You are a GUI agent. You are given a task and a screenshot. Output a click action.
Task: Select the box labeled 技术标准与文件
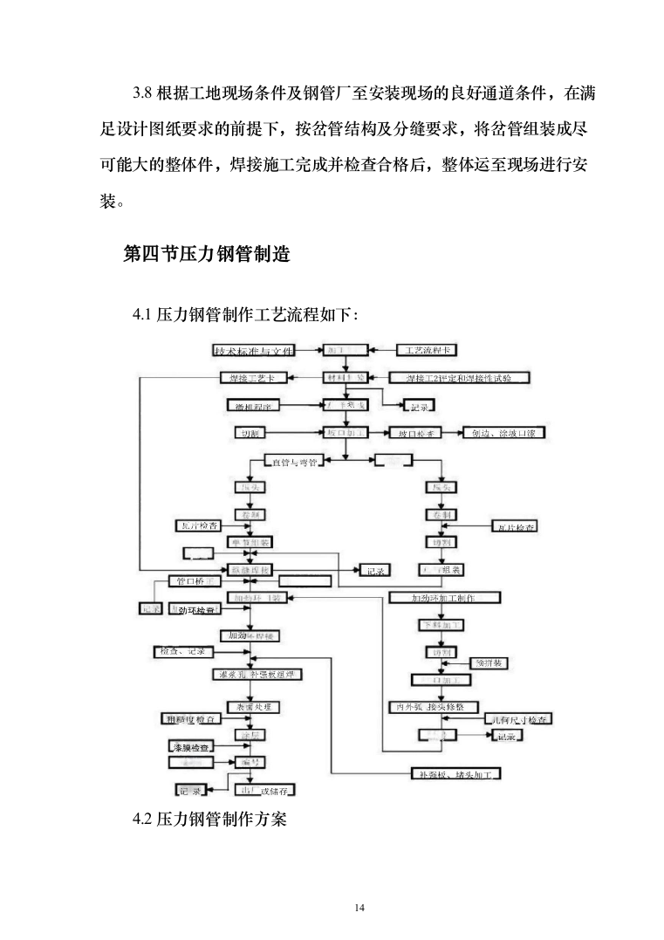pyautogui.click(x=252, y=351)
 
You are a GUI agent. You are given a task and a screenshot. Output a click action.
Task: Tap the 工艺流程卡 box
pyautogui.click(x=427, y=351)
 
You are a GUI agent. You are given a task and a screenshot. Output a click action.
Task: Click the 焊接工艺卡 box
pyautogui.click(x=252, y=378)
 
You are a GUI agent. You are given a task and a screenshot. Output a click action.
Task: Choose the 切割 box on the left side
pyautogui.click(x=250, y=433)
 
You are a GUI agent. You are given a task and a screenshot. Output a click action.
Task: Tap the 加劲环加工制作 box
pyautogui.click(x=443, y=598)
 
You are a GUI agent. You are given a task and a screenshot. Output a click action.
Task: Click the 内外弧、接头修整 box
pyautogui.click(x=435, y=707)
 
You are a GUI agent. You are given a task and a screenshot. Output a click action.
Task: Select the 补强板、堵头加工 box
pyautogui.click(x=455, y=774)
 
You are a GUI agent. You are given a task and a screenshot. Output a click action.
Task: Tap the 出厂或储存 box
pyautogui.click(x=265, y=791)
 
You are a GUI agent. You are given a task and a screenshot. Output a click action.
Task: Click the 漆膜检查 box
pyautogui.click(x=189, y=747)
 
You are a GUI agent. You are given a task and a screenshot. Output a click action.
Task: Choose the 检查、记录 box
pyautogui.click(x=181, y=651)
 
